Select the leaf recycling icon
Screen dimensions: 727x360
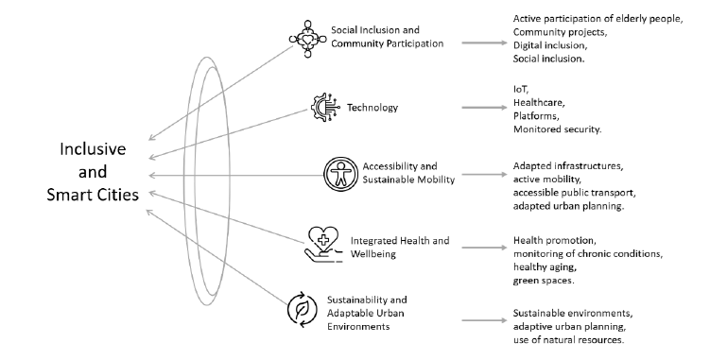click(x=302, y=309)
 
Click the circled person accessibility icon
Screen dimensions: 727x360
click(x=340, y=174)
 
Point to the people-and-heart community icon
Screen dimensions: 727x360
click(x=308, y=40)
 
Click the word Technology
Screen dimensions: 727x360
click(x=372, y=108)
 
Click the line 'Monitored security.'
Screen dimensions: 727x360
click(x=558, y=129)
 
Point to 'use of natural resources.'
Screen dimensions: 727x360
click(x=568, y=339)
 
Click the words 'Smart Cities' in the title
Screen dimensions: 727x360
click(x=93, y=195)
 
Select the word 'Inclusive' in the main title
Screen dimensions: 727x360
click(x=93, y=149)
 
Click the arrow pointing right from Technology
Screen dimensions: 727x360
click(x=485, y=108)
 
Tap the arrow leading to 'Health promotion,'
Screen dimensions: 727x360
click(x=485, y=248)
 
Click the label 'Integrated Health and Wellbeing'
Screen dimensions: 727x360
click(x=400, y=248)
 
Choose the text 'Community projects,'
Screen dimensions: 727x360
click(x=560, y=32)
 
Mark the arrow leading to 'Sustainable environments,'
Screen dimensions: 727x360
click(x=485, y=320)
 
